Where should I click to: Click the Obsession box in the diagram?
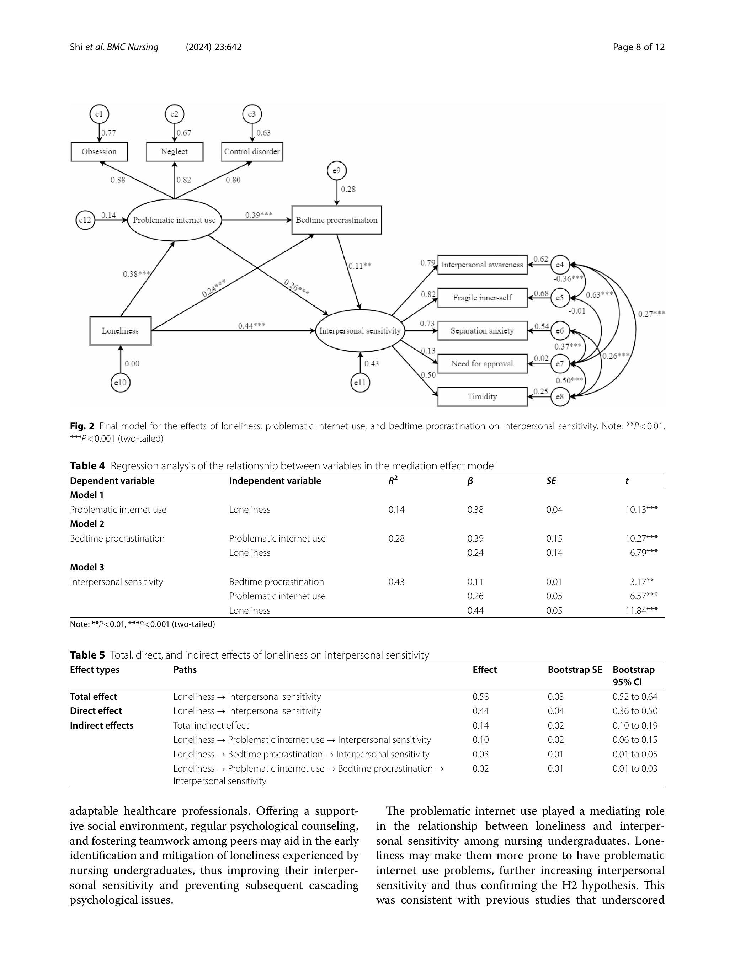coord(99,151)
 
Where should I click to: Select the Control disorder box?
coord(252,151)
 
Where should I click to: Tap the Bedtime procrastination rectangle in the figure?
coord(336,220)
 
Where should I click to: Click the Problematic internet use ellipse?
coord(174,220)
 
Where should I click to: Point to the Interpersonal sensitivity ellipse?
coord(360,330)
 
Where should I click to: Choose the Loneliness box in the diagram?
coord(120,330)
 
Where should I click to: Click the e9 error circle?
coord(336,171)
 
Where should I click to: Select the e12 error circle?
coord(85,220)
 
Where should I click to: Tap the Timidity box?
coord(482,396)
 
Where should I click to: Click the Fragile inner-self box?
coord(482,298)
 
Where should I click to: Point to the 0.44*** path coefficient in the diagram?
coord(252,326)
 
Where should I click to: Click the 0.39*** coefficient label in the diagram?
coord(259,215)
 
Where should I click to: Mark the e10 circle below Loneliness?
coord(120,382)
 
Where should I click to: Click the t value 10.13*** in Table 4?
coord(641,510)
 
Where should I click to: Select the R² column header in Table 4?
coord(393,481)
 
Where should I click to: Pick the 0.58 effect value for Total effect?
coord(480,697)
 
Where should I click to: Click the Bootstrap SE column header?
coord(575,670)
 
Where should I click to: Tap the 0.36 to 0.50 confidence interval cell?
coord(634,710)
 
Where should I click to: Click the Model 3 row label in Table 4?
coord(87,567)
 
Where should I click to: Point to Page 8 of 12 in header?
coord(638,47)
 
